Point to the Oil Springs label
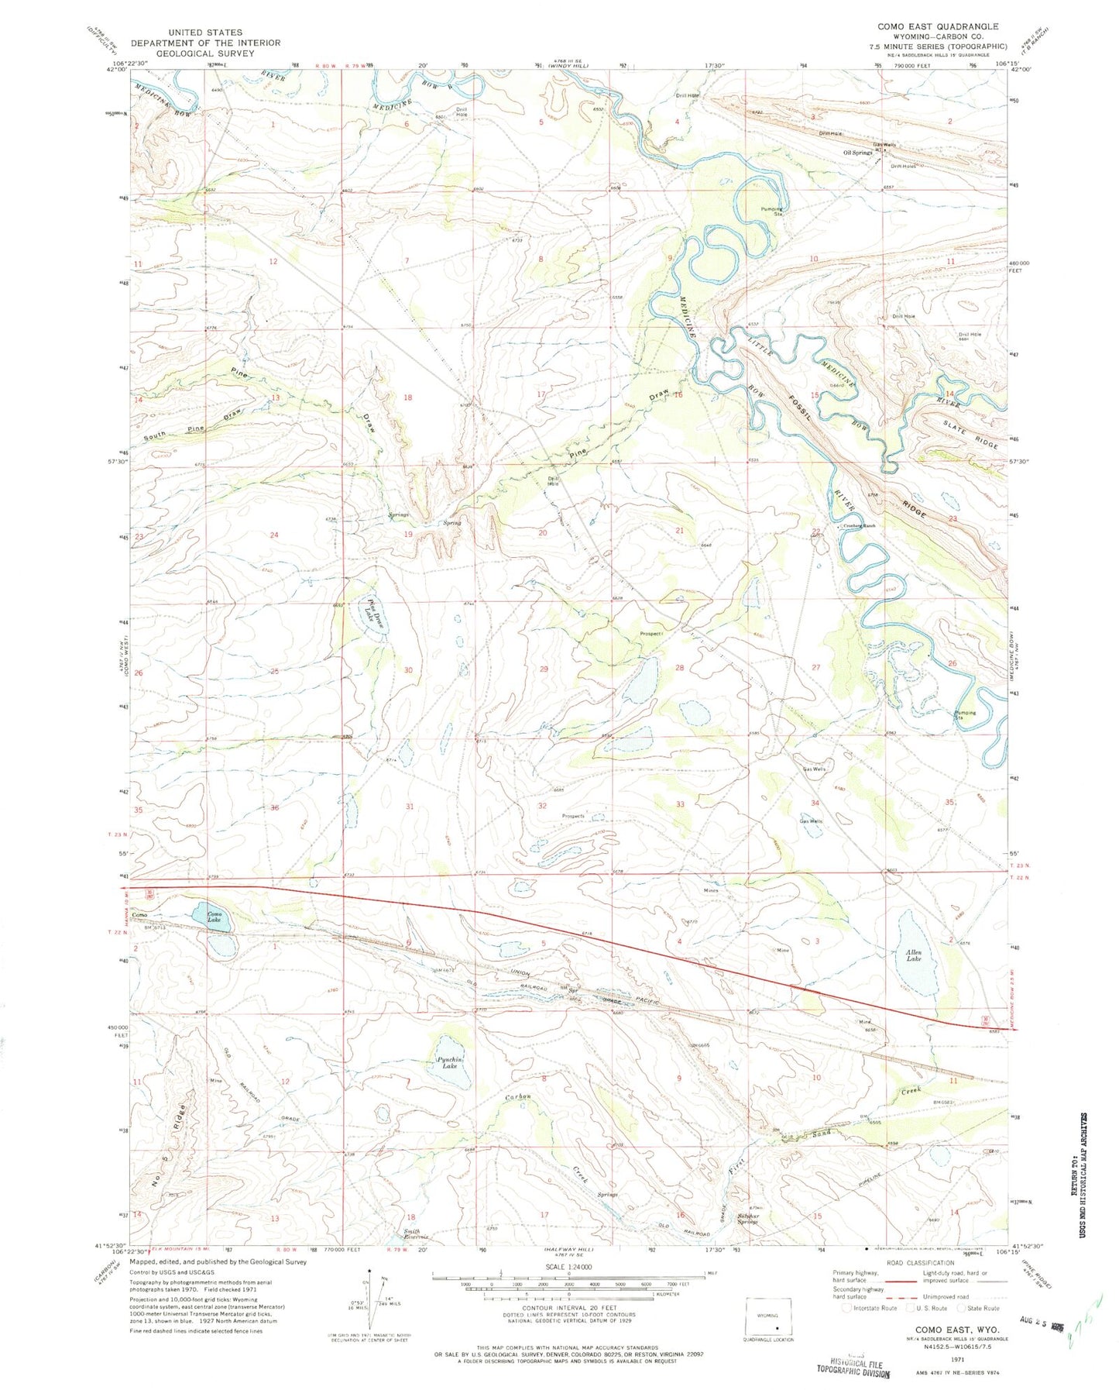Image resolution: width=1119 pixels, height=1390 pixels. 858,153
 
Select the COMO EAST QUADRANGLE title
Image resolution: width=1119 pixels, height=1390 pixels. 937,26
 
